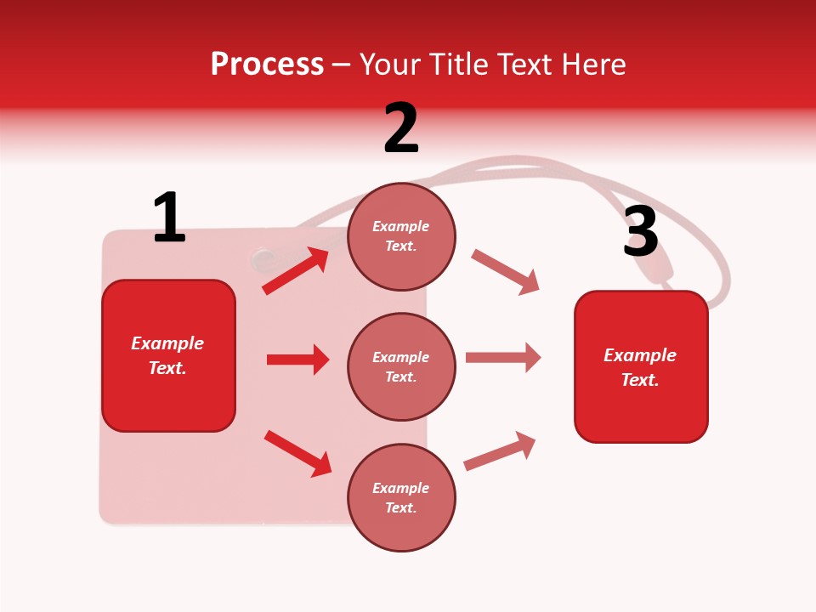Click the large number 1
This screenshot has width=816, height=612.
point(169,218)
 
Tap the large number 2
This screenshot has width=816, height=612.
point(401,128)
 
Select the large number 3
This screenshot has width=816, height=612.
point(640,232)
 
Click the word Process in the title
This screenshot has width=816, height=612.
point(267,64)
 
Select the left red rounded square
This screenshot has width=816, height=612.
point(168,355)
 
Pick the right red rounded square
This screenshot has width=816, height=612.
point(641,366)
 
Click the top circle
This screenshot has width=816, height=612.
point(401,236)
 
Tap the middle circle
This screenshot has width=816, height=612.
point(401,366)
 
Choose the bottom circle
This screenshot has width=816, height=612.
point(401,497)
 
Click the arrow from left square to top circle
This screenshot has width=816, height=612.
point(296,271)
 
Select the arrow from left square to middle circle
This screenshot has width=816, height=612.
point(297,360)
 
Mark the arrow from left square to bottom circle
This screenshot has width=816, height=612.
point(297,453)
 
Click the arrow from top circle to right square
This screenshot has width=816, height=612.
point(505,272)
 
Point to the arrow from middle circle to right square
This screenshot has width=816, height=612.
point(503,358)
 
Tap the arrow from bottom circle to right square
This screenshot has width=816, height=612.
point(500,451)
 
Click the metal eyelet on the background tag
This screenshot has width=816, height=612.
point(263,258)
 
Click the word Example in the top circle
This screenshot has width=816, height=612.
point(401,226)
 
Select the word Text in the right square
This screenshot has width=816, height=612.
point(639,380)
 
